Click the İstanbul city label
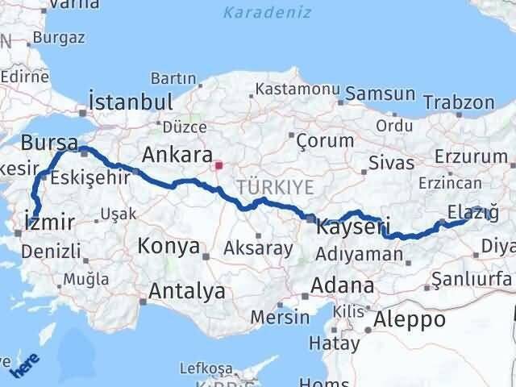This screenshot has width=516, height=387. pyautogui.click(x=131, y=102)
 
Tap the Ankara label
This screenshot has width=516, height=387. pyautogui.click(x=177, y=154)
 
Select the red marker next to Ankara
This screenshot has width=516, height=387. pyautogui.click(x=218, y=165)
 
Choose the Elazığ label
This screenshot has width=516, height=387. pyautogui.click(x=468, y=212)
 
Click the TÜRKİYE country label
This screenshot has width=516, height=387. pyautogui.click(x=264, y=187)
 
